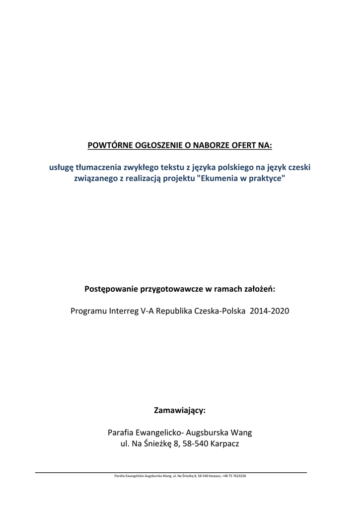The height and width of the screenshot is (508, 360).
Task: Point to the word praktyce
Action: click(268, 179)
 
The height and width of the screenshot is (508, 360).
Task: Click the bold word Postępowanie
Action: click(113, 289)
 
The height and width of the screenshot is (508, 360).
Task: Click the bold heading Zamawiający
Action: click(180, 411)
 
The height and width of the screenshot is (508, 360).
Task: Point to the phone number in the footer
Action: click(234, 476)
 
